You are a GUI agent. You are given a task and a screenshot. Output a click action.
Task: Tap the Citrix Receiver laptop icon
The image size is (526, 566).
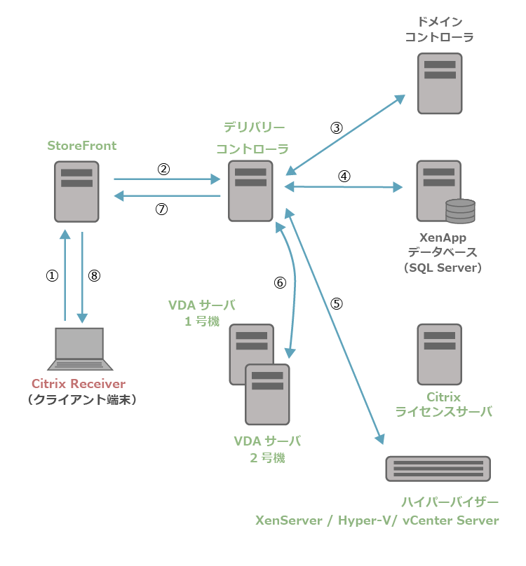tap(79, 348)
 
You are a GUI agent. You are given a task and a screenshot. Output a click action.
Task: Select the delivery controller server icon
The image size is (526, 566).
tap(250, 191)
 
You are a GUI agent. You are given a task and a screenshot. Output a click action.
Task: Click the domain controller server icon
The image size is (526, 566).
tap(440, 83)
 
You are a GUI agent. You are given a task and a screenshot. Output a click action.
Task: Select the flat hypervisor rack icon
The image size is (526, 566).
tap(438, 469)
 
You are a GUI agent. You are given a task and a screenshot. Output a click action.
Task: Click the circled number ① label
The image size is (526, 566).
tap(51, 276)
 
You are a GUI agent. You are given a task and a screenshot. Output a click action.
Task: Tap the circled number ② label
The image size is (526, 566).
tap(163, 169)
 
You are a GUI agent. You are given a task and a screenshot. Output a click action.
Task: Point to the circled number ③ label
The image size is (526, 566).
tap(337, 128)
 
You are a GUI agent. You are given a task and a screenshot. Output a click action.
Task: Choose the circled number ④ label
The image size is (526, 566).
tap(344, 177)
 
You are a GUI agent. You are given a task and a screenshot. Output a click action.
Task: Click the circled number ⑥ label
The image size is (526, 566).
tap(280, 283)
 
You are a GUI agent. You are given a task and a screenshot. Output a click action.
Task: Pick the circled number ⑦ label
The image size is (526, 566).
tap(162, 209)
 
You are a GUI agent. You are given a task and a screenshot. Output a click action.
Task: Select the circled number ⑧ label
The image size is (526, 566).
tap(95, 276)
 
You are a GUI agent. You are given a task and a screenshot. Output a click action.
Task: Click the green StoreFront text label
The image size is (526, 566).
tap(82, 146)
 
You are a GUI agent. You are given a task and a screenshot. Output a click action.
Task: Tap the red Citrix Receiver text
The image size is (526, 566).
tap(79, 384)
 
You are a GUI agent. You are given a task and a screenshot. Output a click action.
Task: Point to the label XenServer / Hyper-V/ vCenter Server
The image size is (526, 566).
tap(377, 520)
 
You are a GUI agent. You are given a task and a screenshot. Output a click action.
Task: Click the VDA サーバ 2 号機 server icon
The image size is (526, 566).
tap(267, 394)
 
